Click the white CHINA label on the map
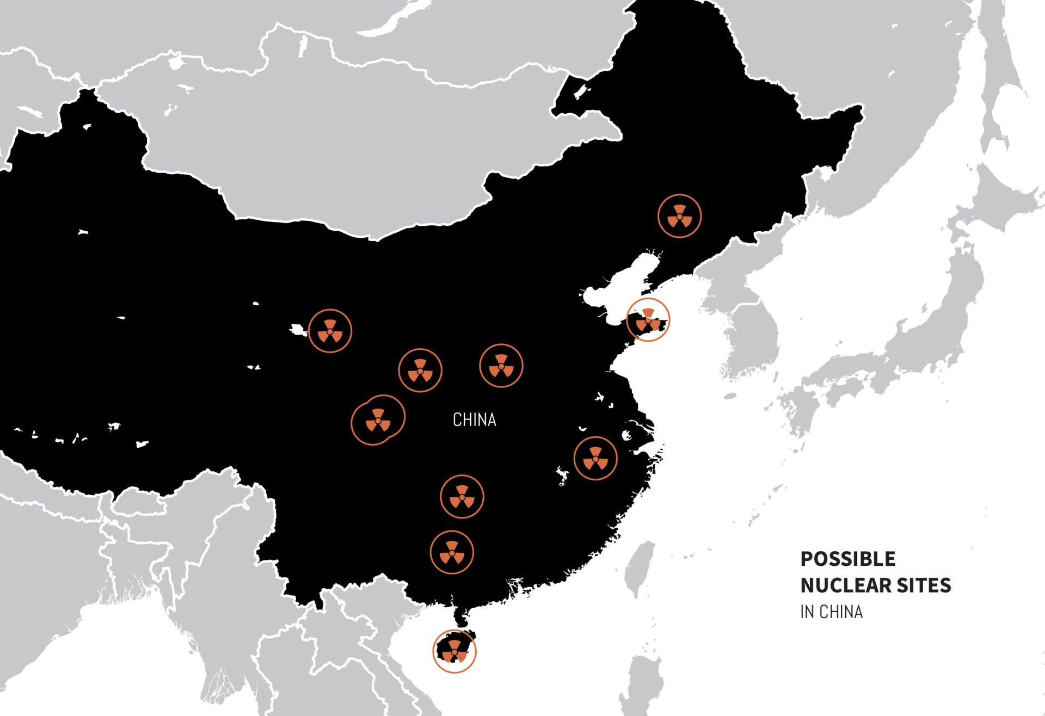click(474, 419)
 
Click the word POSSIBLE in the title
click(847, 559)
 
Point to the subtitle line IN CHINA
click(831, 612)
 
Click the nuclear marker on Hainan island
click(454, 651)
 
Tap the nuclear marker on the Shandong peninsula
click(648, 320)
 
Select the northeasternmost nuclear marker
click(679, 216)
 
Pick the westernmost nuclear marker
click(330, 331)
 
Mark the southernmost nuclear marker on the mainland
click(452, 552)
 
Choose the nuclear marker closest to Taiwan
click(595, 458)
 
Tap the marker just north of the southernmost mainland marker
click(462, 497)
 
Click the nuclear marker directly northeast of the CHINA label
click(501, 366)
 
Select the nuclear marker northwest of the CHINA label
click(420, 371)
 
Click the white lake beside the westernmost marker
click(298, 330)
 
